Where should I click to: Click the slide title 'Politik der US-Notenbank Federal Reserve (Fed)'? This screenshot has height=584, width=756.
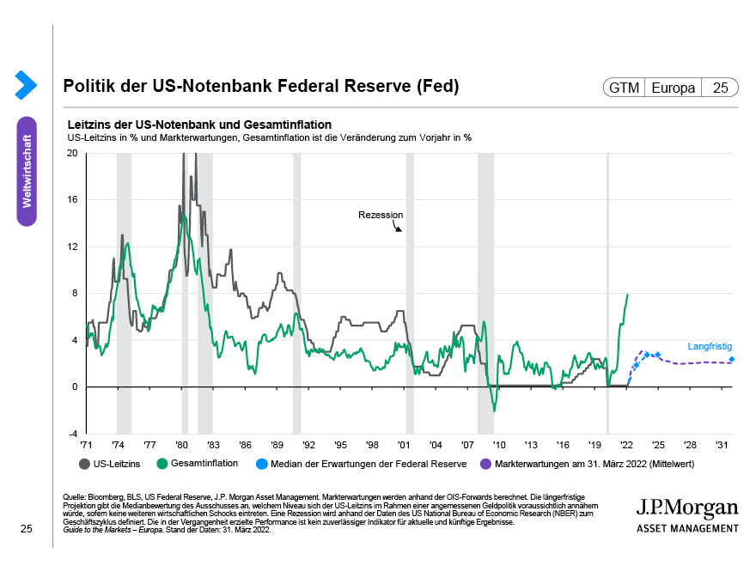pos(261,87)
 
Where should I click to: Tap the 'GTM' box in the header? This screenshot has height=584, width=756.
pos(625,88)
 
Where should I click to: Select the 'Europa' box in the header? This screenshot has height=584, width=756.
pos(674,88)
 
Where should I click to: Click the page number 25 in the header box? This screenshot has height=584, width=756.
pos(720,88)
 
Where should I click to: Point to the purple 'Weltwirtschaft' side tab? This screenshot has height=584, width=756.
pos(27,171)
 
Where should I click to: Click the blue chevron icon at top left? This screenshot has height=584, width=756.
pos(26,84)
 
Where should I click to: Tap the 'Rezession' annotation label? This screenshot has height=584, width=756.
pos(381,215)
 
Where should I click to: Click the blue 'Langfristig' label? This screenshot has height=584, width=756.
pos(710,347)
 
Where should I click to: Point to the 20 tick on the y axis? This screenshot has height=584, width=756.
pos(72,153)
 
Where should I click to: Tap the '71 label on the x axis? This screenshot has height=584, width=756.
pos(87,446)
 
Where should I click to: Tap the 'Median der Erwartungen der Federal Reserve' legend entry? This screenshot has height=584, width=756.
pos(368,464)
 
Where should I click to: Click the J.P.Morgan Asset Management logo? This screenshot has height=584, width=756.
pos(687,514)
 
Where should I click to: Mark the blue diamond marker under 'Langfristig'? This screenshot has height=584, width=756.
pos(731,360)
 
